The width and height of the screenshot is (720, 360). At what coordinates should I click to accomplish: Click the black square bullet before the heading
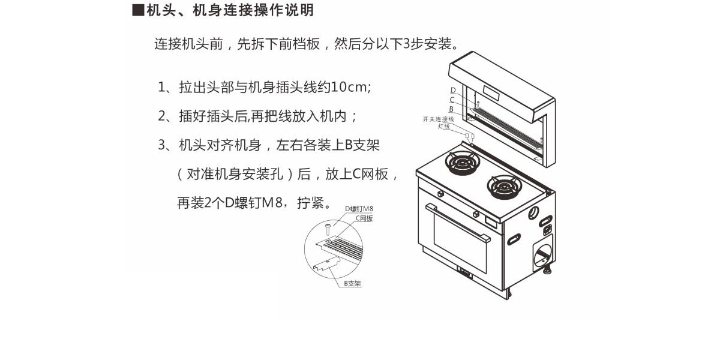coord(137,11)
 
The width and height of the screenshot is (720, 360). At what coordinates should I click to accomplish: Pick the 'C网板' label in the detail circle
coord(364,218)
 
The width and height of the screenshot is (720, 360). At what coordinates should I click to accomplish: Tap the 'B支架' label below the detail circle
coord(352,283)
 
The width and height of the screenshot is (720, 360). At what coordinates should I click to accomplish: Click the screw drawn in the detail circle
coord(328,227)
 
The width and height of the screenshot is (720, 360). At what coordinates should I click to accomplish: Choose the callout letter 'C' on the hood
coord(452,100)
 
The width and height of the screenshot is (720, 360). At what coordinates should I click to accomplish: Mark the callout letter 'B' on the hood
coord(451,109)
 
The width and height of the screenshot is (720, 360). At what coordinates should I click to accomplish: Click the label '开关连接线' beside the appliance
coord(438,119)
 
